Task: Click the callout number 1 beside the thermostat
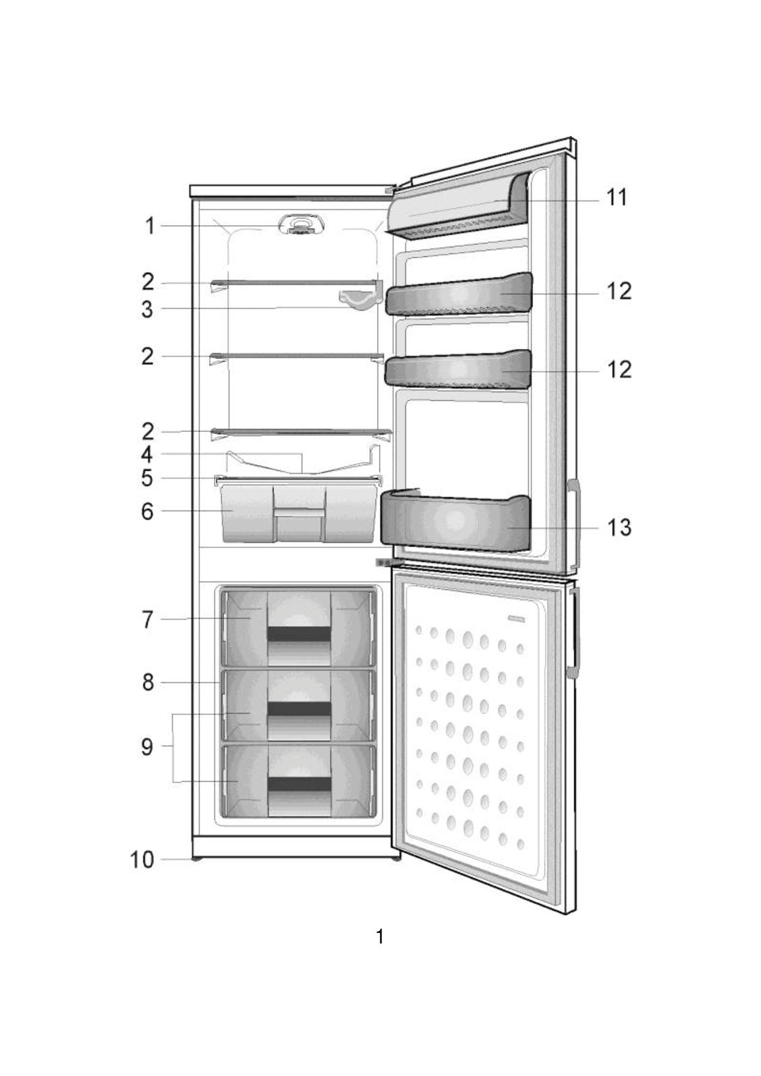pyautogui.click(x=150, y=226)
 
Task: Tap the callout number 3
pyautogui.click(x=147, y=309)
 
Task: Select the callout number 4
pyautogui.click(x=147, y=455)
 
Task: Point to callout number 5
pyautogui.click(x=147, y=478)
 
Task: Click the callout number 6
pyautogui.click(x=147, y=511)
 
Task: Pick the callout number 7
pyautogui.click(x=147, y=620)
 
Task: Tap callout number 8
pyautogui.click(x=148, y=682)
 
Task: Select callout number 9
pyautogui.click(x=147, y=747)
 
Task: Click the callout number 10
pyautogui.click(x=142, y=859)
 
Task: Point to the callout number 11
pyautogui.click(x=617, y=198)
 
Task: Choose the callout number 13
pyautogui.click(x=619, y=528)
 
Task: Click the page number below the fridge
pyautogui.click(x=380, y=936)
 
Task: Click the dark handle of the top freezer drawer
pyautogui.click(x=299, y=634)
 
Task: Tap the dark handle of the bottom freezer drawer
pyautogui.click(x=299, y=784)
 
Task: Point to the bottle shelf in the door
pyautogui.click(x=455, y=521)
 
